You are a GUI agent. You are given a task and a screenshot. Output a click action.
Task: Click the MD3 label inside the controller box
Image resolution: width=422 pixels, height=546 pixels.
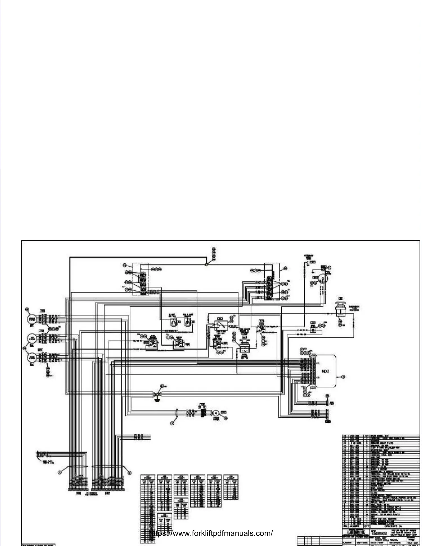click(x=326, y=372)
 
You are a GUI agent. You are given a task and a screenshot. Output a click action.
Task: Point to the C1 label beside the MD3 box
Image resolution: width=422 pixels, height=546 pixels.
click(x=318, y=364)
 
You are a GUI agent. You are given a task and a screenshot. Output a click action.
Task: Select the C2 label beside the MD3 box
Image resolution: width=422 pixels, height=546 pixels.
click(x=318, y=377)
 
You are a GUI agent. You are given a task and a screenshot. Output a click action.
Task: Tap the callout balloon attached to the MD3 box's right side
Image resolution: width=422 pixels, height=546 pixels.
click(x=343, y=377)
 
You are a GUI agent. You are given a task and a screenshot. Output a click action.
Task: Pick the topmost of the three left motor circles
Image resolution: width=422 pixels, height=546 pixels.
click(x=32, y=319)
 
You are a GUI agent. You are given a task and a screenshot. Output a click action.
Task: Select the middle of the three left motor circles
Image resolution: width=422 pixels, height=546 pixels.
click(x=32, y=338)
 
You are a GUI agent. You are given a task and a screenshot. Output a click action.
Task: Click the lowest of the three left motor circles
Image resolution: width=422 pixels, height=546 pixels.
click(x=32, y=357)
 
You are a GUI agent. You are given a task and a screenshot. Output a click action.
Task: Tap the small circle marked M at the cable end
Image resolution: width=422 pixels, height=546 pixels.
click(x=216, y=413)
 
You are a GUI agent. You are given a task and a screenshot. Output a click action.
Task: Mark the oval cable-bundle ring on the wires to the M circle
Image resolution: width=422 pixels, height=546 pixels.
click(x=177, y=413)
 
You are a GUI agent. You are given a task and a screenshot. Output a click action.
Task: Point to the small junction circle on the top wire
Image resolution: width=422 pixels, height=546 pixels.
click(x=206, y=265)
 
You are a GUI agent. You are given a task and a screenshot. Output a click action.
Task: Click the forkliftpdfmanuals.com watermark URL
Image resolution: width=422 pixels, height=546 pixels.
click(x=211, y=533)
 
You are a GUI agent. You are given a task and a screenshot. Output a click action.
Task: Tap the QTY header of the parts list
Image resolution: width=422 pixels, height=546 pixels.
click(x=367, y=526)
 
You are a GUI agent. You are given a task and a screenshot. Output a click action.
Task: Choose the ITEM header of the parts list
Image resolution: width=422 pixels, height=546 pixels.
click(x=345, y=526)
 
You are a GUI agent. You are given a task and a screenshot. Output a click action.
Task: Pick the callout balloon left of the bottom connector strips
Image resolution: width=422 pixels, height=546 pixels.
click(x=59, y=472)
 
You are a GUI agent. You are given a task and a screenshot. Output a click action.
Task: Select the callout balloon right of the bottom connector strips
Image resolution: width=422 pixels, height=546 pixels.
click(x=129, y=473)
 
